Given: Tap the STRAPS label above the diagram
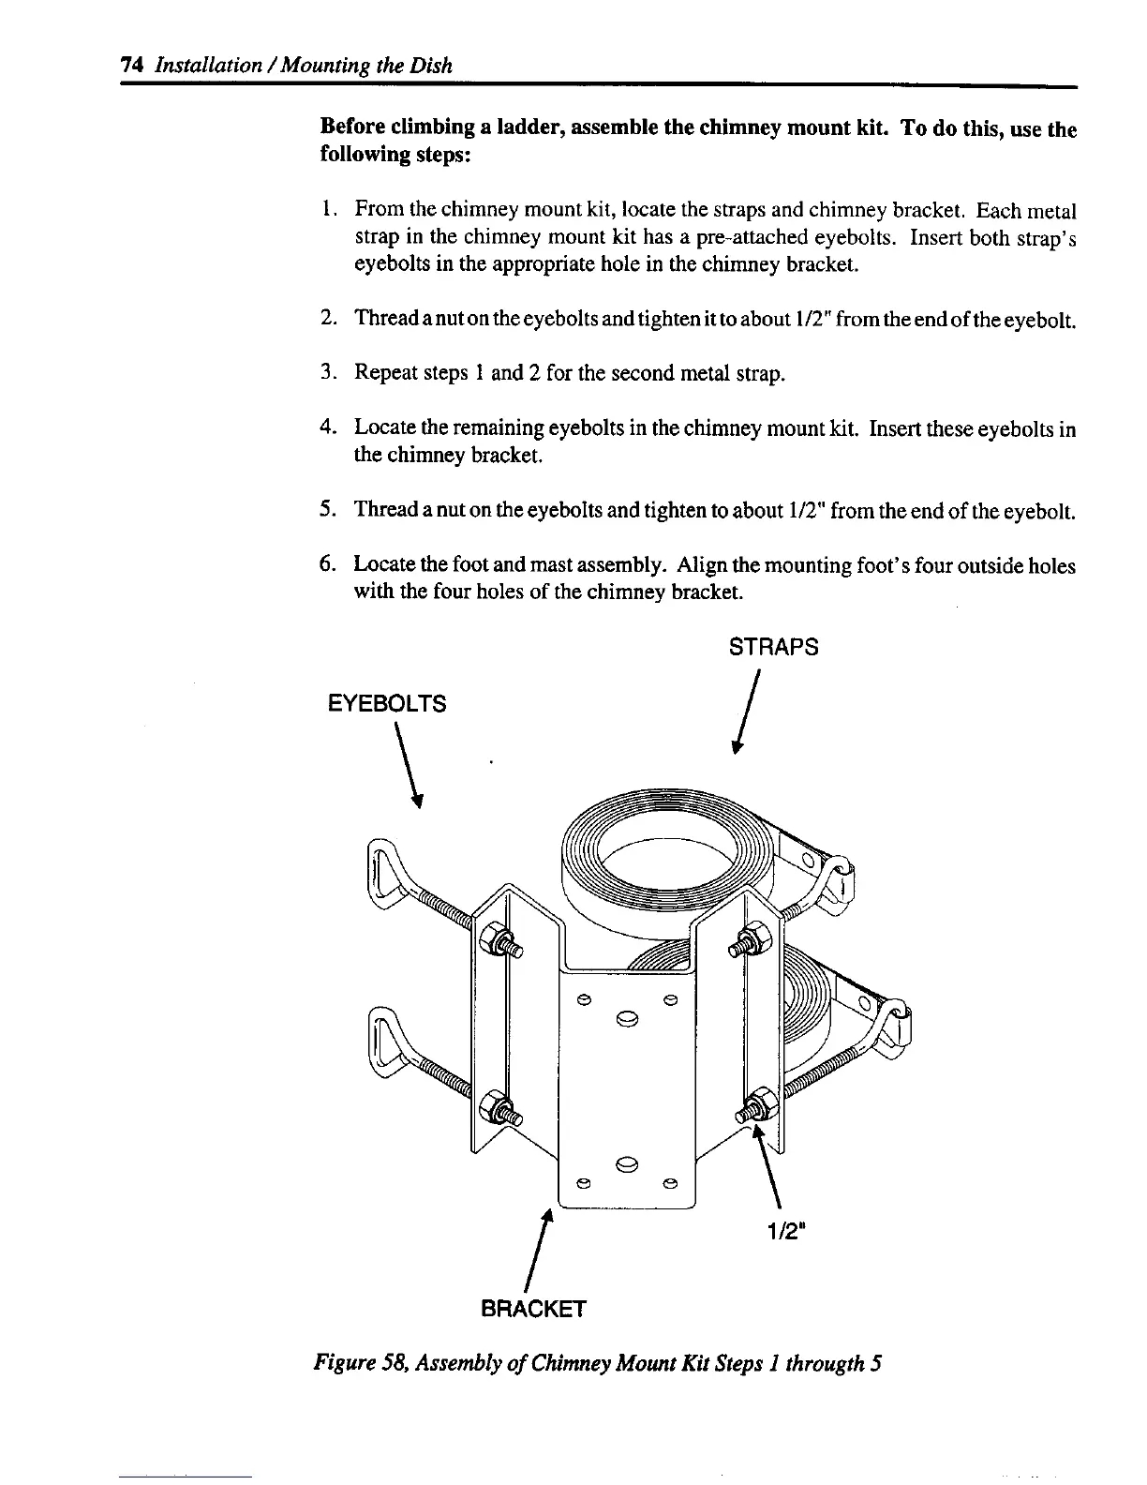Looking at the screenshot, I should (773, 647).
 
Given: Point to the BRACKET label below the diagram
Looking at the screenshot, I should (532, 1309).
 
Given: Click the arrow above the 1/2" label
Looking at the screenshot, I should (768, 1167).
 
